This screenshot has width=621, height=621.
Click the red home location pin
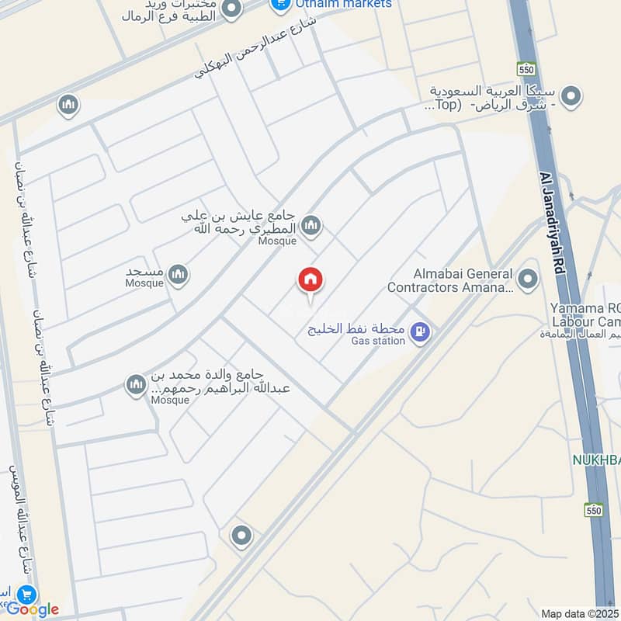tap(310, 280)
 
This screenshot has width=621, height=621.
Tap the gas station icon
tap(420, 332)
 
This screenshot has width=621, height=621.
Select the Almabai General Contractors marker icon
tap(528, 279)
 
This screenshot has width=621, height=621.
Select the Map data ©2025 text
tap(579, 613)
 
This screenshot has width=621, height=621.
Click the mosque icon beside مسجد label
tap(179, 274)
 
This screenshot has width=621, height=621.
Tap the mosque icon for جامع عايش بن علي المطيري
tap(311, 226)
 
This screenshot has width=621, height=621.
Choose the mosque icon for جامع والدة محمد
tap(137, 384)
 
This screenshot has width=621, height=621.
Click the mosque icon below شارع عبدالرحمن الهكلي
tap(68, 104)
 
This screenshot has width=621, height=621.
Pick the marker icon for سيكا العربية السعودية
tap(571, 97)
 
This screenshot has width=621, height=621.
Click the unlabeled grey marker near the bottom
tap(241, 536)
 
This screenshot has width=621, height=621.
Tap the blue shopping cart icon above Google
tap(27, 595)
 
